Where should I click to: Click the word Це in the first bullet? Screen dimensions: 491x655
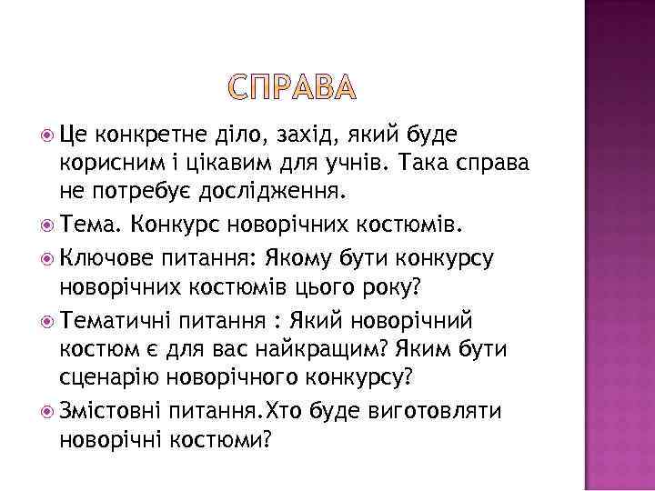coord(73,136)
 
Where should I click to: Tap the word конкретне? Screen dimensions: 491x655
coord(145,136)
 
